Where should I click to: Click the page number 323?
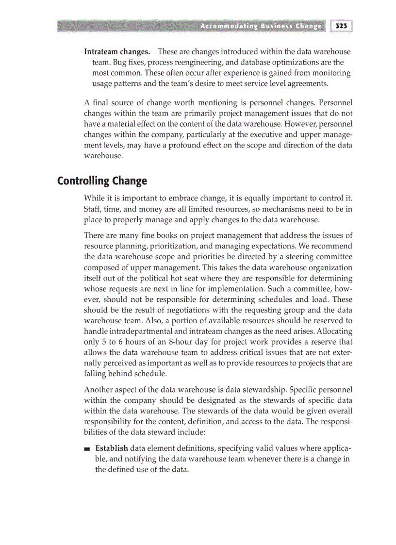[342, 26]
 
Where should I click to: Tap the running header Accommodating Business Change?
[261, 26]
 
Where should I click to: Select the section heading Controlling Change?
[102, 181]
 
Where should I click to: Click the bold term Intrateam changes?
[117, 51]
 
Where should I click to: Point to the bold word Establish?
[112, 448]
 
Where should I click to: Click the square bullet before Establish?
[87, 448]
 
